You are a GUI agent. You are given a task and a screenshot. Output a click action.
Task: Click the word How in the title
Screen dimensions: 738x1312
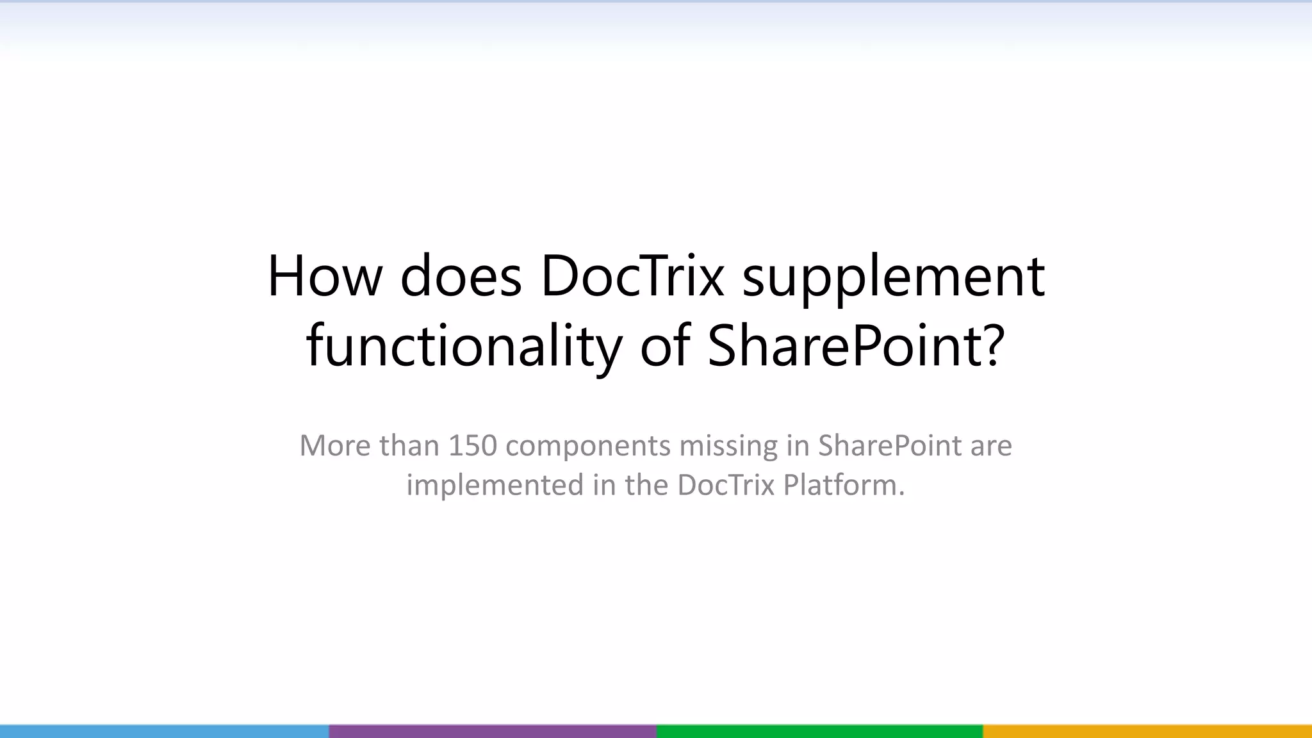click(324, 277)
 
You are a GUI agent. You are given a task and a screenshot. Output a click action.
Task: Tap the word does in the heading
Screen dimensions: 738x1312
click(461, 277)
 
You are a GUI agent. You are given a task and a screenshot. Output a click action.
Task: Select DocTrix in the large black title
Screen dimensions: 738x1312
click(632, 277)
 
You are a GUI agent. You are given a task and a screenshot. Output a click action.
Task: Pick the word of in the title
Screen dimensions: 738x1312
click(665, 346)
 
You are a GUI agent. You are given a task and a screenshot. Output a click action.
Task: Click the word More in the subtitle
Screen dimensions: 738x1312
click(334, 445)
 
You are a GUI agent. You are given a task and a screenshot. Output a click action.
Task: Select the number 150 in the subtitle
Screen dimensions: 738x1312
click(472, 445)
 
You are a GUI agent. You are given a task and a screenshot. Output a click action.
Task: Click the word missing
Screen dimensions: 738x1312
click(728, 447)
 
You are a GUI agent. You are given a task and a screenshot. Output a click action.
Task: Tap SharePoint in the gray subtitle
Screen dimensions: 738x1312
click(889, 445)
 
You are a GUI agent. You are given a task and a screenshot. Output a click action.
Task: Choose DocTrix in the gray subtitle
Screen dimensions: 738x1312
click(726, 485)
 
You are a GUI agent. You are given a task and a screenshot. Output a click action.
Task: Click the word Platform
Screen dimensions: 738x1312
click(844, 485)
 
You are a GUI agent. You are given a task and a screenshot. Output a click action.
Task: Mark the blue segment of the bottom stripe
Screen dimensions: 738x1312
click(164, 731)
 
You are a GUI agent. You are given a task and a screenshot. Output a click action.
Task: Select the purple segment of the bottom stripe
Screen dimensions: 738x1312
click(493, 731)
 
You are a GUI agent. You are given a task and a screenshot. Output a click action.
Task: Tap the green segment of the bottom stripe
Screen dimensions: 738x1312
click(819, 731)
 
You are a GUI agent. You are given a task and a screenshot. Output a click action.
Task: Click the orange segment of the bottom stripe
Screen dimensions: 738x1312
click(1147, 731)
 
